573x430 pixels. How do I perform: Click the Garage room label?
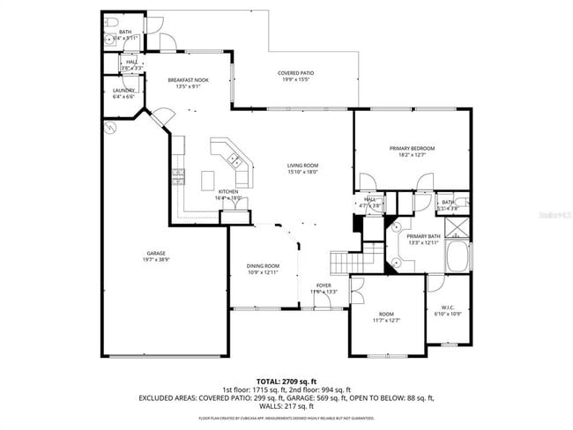tap(155, 253)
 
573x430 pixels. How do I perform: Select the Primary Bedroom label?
tap(412, 148)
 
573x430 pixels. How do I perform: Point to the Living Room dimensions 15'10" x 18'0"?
tap(302, 172)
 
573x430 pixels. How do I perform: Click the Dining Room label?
tap(263, 266)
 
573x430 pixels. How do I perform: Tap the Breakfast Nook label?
tap(188, 80)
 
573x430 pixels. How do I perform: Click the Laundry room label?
tap(123, 90)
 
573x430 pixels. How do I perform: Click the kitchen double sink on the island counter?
tap(235, 159)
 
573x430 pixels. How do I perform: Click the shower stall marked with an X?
tap(457, 227)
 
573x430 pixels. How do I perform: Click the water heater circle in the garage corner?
tap(110, 128)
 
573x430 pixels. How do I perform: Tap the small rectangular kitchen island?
tap(208, 180)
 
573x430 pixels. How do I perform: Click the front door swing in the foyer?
tap(323, 300)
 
